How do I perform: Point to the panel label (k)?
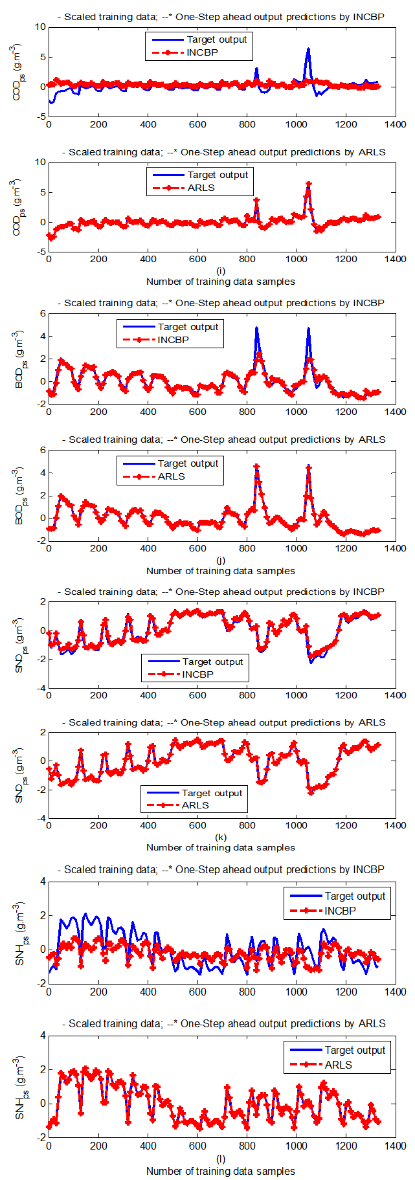[221, 837]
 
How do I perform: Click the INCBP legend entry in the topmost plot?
[202, 52]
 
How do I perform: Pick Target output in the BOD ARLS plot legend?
[188, 463]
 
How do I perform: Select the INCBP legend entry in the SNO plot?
[197, 674]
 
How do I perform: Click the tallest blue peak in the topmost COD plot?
[308, 49]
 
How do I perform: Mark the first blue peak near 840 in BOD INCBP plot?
[256, 328]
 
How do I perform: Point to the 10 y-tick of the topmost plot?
[40, 27]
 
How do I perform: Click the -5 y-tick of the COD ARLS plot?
[40, 252]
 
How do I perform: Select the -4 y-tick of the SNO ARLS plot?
[40, 818]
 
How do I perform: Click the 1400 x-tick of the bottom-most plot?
[396, 1146]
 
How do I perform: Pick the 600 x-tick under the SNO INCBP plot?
[197, 695]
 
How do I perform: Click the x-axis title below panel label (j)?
[220, 571]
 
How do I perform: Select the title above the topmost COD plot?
[220, 17]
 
